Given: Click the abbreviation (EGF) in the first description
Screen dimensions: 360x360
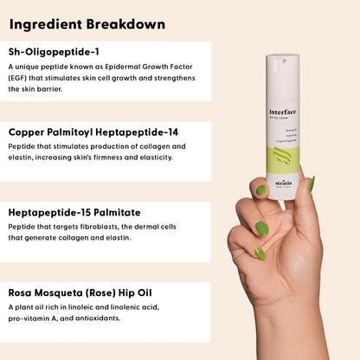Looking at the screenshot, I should tap(19, 78).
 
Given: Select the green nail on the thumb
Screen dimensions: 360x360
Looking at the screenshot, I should tap(260, 190).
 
